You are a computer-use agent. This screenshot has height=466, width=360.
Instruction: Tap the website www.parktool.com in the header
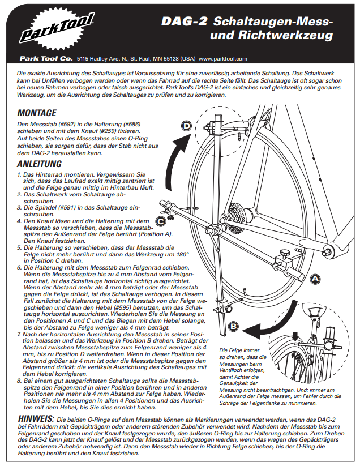pos(223,58)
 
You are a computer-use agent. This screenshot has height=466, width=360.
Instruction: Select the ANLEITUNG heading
pos(41,164)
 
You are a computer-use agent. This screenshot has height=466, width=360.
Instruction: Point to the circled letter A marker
pos(316,278)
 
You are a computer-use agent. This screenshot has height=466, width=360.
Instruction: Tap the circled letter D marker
pos(186,125)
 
